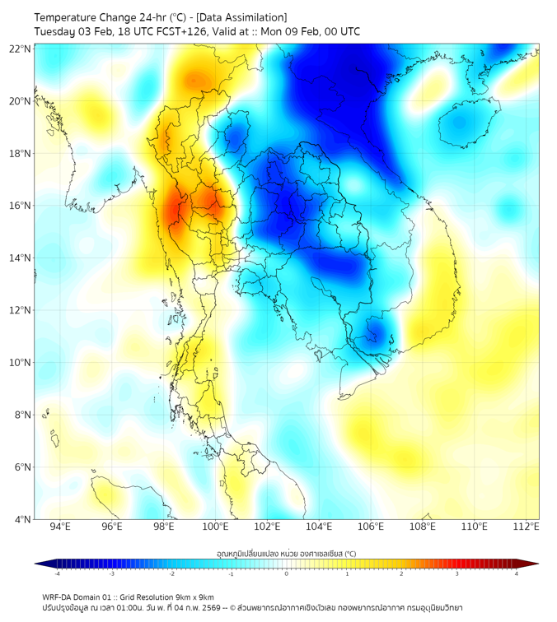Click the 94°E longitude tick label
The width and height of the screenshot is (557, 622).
(60, 527)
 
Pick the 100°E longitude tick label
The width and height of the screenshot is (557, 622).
(215, 527)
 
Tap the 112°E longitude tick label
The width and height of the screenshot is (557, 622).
(526, 527)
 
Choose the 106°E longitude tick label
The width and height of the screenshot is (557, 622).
(371, 527)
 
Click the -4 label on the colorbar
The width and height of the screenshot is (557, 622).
(56, 573)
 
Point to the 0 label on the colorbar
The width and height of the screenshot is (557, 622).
(287, 573)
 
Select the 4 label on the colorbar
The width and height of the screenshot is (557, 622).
(517, 573)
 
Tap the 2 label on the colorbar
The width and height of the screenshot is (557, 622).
(402, 573)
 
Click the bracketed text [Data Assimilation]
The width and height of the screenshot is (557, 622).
(242, 17)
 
